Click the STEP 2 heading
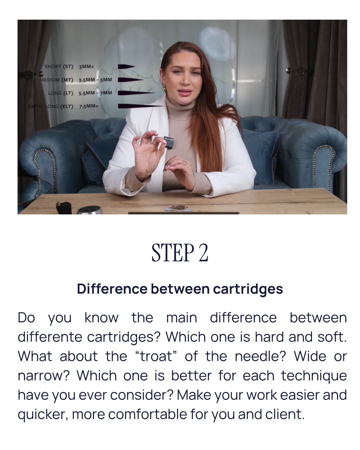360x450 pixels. tap(180, 252)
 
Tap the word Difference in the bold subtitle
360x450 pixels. tap(112, 289)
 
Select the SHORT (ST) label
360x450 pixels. tap(59, 66)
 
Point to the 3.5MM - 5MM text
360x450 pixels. tap(95, 80)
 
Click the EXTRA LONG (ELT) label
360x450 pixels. tap(51, 106)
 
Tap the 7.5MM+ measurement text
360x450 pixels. tap(89, 106)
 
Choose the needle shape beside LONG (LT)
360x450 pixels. tap(136, 93)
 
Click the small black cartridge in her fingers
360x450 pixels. tap(168, 142)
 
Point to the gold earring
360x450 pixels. tap(165, 87)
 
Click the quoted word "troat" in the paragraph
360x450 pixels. tap(156, 356)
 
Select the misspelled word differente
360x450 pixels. tap(50, 337)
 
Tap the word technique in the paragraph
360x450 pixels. tap(314, 376)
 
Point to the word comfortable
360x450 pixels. tap(147, 414)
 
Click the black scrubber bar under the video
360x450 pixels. tap(183, 213)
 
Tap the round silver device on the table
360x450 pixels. tap(90, 210)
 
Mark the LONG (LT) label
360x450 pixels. tap(61, 93)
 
